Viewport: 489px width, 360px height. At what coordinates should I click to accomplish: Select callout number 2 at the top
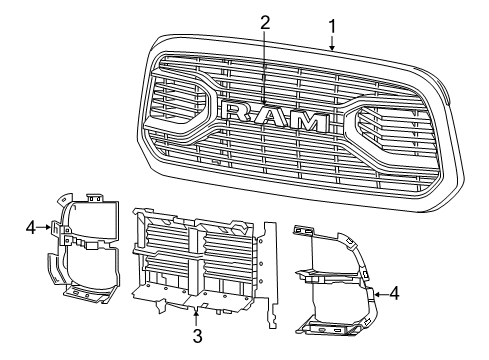tap(265, 22)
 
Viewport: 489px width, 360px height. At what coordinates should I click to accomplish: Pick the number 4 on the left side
tap(32, 228)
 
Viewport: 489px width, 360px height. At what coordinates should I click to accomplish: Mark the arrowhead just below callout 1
tap(331, 45)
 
